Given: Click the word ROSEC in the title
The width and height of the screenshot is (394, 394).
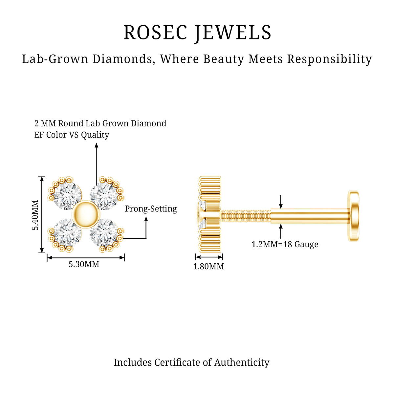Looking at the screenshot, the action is [155, 32].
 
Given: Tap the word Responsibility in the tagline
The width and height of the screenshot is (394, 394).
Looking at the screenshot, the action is [329, 59].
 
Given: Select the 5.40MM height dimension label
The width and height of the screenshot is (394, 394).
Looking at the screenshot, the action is [35, 215].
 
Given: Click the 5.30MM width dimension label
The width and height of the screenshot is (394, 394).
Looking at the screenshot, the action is [84, 264].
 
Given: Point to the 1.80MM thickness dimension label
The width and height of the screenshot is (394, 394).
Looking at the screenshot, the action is [208, 266].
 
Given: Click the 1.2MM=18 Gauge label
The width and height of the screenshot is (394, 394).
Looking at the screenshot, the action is [285, 245].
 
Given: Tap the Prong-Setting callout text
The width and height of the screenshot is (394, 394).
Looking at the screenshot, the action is [151, 209].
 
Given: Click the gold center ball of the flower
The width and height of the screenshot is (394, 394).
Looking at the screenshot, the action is [86, 214].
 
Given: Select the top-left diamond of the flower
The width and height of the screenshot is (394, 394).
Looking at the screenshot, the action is [68, 196].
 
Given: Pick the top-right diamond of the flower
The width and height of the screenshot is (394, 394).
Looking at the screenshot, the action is [104, 196].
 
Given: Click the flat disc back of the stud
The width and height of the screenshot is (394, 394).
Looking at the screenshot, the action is [354, 216].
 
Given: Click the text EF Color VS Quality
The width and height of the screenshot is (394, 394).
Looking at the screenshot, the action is [72, 135].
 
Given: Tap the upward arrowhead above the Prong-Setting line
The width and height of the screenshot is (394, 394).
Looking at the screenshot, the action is [146, 219].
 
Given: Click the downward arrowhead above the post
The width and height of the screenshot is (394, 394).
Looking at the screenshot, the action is [281, 206].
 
